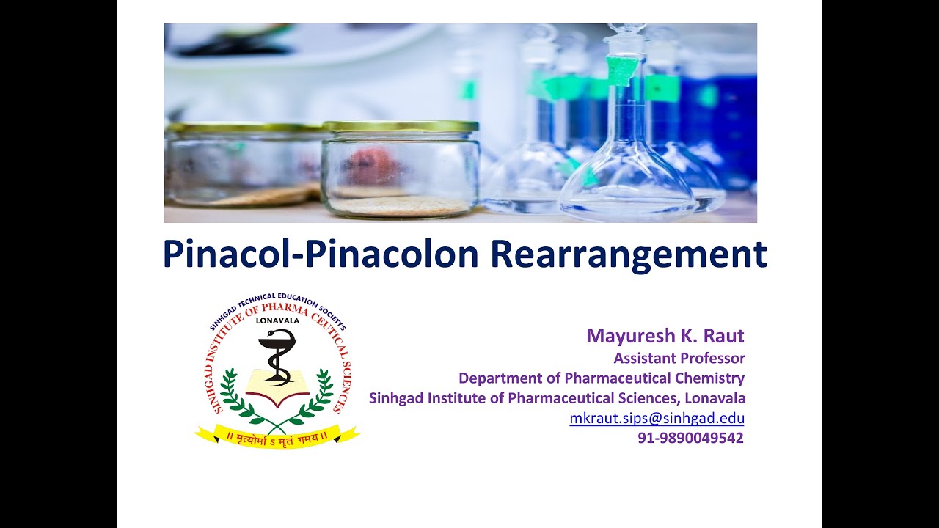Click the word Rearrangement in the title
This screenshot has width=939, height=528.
628,254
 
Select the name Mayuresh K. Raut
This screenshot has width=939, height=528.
665,336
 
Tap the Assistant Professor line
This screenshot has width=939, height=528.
679,359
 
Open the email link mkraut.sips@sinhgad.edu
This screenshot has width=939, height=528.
657,419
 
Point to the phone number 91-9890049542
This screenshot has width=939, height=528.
690,438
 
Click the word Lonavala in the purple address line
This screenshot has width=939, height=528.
716,398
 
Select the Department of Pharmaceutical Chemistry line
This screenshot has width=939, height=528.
602,378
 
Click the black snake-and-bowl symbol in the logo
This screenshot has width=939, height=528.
277,356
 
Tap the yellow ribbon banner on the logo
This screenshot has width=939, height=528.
277,438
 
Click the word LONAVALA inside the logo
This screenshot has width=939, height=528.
277,320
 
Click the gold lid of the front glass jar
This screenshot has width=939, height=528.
401,126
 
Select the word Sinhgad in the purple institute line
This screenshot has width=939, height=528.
397,398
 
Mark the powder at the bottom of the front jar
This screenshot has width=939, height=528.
401,206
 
